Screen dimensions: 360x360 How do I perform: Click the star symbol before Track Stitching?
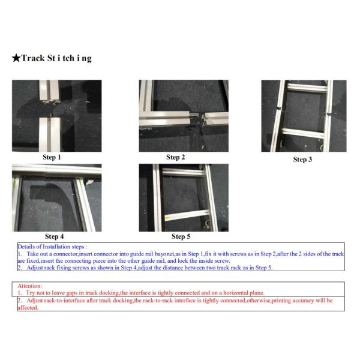pyautogui.click(x=16, y=59)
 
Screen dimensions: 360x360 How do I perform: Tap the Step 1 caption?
pyautogui.click(x=52, y=157)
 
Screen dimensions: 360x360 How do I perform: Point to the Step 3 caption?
pyautogui.click(x=302, y=160)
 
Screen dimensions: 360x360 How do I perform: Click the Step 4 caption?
pyautogui.click(x=55, y=236)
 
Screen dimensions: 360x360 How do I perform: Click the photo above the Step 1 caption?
pyautogui.click(x=56, y=115)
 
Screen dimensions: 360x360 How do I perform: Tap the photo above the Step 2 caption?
pyautogui.click(x=184, y=115)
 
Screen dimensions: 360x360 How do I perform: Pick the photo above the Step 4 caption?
pyautogui.click(x=56, y=198)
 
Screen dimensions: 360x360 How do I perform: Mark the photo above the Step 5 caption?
pyautogui.click(x=184, y=198)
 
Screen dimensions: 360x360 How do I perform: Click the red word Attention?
pyautogui.click(x=30, y=286)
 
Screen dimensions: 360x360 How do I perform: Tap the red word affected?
pyautogui.click(x=28, y=307)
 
